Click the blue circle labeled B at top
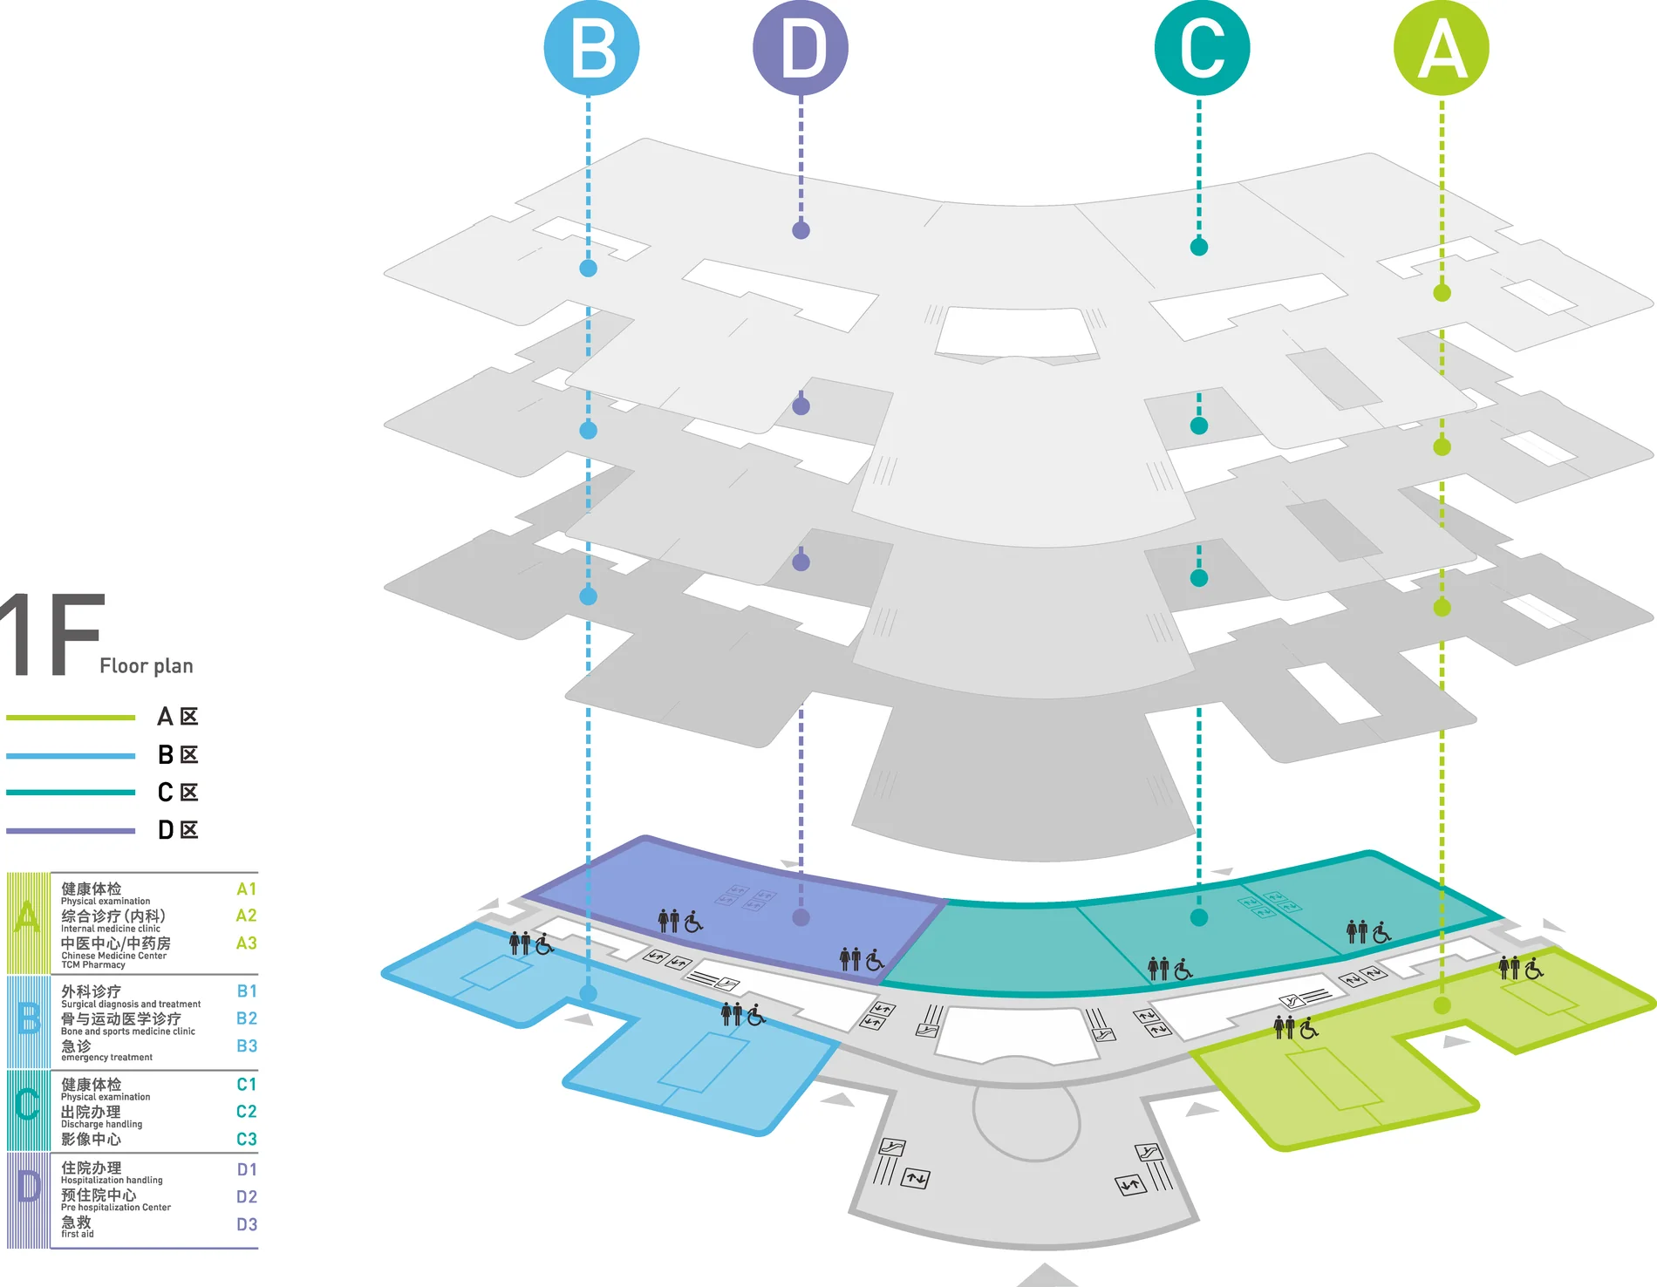point(591,48)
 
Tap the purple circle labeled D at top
point(801,48)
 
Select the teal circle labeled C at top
point(1202,48)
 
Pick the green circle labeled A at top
point(1442,48)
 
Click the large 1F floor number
point(52,635)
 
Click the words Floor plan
point(147,666)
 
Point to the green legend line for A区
point(71,718)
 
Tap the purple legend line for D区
point(71,831)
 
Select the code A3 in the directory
point(247,943)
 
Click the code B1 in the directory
point(247,991)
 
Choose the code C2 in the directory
point(247,1112)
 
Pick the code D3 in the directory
point(247,1224)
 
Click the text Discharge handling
point(101,1124)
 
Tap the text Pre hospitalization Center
point(116,1208)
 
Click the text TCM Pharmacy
point(93,964)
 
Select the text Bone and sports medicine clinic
point(128,1032)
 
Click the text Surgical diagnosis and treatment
point(131,1004)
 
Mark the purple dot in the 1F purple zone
point(801,917)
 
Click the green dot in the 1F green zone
point(1442,1005)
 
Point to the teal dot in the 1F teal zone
point(1199,917)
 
